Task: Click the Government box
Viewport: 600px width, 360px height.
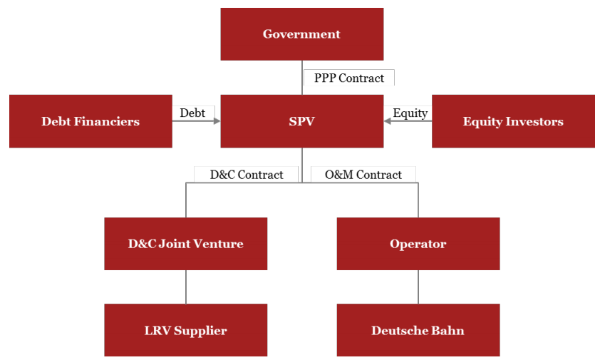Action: coord(301,34)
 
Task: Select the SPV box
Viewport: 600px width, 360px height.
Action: coord(301,121)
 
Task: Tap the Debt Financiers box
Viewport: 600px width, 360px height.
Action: coord(90,121)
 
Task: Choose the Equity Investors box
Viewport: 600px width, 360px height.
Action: coord(513,121)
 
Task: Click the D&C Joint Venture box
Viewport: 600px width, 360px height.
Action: coord(185,244)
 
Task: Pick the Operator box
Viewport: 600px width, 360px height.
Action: coord(418,244)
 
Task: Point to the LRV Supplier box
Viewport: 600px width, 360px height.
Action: coord(185,330)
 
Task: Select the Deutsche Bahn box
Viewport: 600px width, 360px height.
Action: coord(418,330)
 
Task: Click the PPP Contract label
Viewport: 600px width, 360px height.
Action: coord(348,78)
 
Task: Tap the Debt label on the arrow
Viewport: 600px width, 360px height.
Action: coord(192,113)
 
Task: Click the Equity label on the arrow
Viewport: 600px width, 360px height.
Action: coord(410,113)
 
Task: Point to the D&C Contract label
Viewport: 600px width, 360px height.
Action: coord(246,175)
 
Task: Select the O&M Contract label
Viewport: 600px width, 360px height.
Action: coord(363,175)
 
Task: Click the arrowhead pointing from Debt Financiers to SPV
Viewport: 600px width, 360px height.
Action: coord(216,121)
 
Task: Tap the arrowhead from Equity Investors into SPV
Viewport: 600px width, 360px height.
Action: coord(388,121)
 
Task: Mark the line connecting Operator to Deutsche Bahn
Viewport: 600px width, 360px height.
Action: coord(418,287)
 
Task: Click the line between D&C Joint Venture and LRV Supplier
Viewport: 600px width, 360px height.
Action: coord(186,287)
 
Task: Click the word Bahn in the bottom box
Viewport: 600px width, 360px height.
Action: coord(448,330)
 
